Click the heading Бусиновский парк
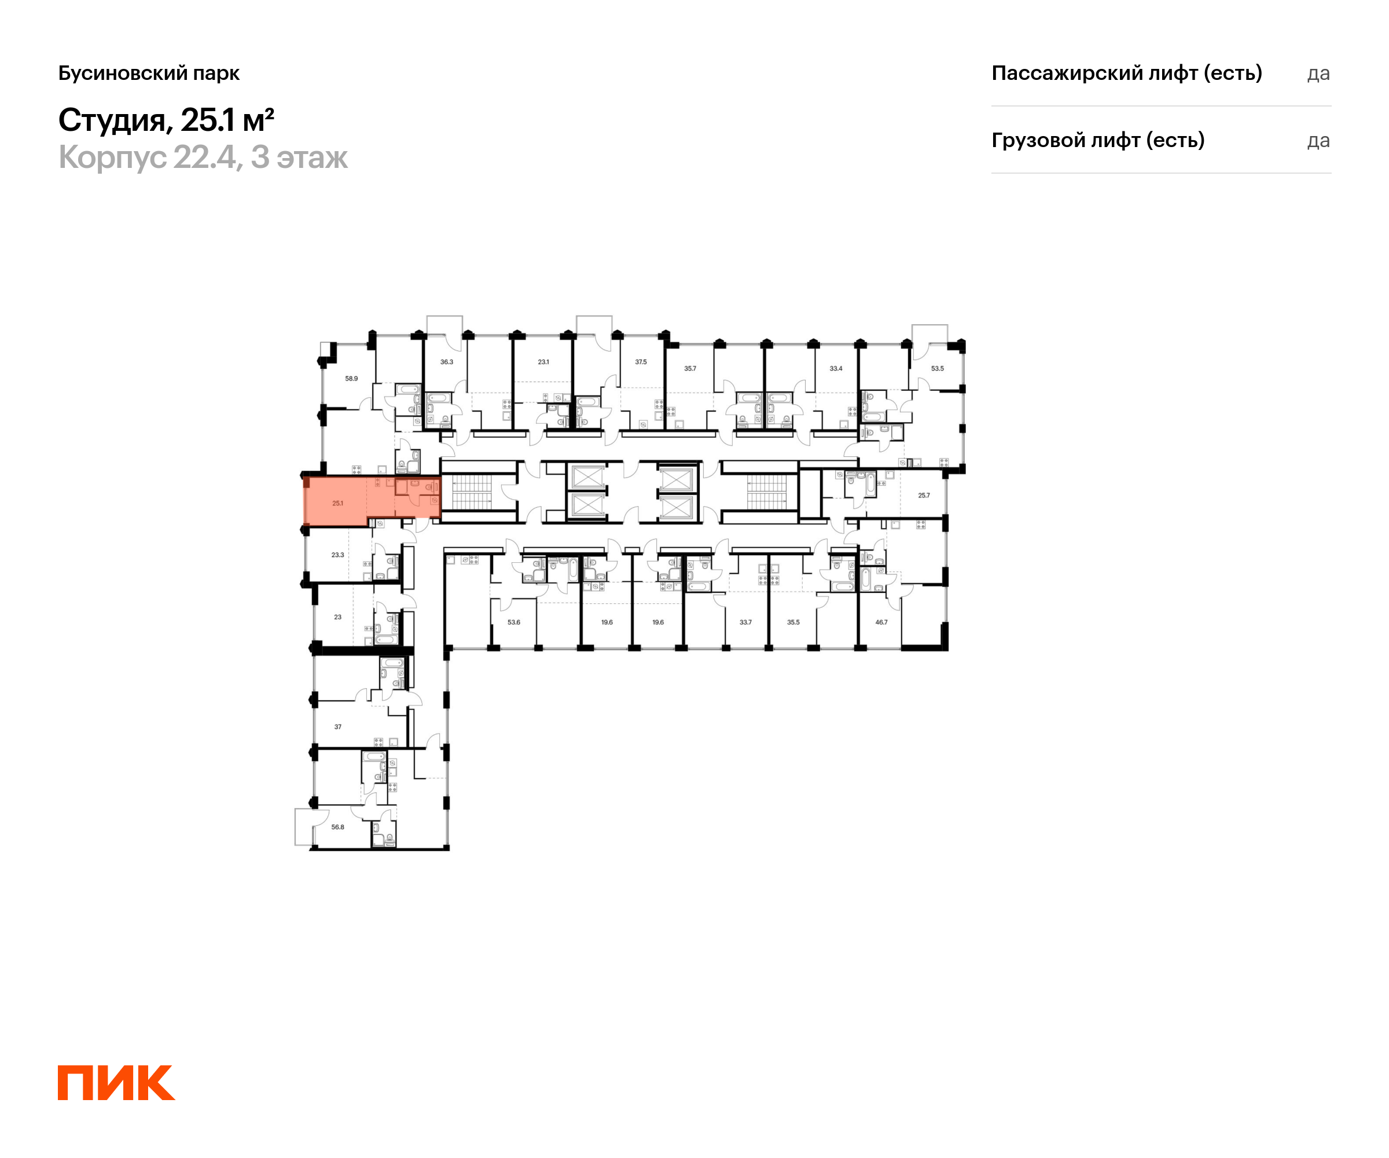click(x=149, y=73)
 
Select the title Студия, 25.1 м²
click(x=166, y=120)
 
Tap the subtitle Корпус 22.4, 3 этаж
click(x=203, y=157)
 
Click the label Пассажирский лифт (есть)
click(x=1126, y=73)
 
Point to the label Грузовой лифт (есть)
click(x=1097, y=140)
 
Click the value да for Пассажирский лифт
click(x=1318, y=74)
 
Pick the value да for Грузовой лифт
click(x=1318, y=141)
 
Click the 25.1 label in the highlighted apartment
click(x=337, y=504)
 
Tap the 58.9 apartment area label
click(x=351, y=379)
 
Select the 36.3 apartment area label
click(x=446, y=362)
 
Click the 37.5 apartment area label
click(x=640, y=362)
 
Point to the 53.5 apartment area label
click(x=937, y=369)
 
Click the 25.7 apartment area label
click(x=923, y=495)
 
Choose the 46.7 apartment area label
click(x=881, y=622)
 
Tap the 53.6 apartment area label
click(x=513, y=622)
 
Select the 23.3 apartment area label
click(x=337, y=555)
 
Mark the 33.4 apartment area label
click(x=835, y=369)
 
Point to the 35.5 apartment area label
click(x=793, y=622)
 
